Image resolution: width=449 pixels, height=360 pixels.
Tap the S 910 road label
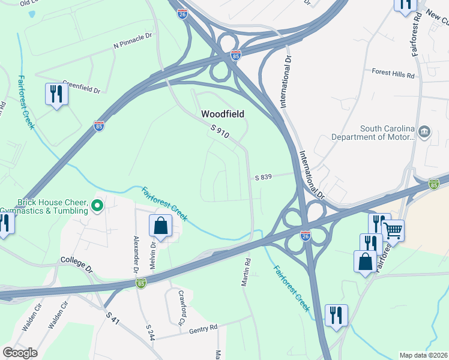point(220,131)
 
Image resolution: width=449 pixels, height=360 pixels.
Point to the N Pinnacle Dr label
point(133,41)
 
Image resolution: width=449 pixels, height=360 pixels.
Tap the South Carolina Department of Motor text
point(387,133)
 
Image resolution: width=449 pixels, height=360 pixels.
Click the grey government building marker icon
point(424,131)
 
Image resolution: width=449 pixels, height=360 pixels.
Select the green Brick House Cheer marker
point(98,207)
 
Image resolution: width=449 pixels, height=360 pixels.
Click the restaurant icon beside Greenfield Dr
point(56,94)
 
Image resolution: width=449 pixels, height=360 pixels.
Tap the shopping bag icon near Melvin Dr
point(161,226)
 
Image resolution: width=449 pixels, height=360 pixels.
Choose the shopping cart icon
point(393,229)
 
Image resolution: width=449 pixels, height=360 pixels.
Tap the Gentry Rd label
point(202,329)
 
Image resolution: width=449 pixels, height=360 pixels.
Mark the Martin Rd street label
point(246,272)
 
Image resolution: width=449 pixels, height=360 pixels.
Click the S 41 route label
point(112,318)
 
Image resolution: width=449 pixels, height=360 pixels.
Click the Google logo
point(20,353)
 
